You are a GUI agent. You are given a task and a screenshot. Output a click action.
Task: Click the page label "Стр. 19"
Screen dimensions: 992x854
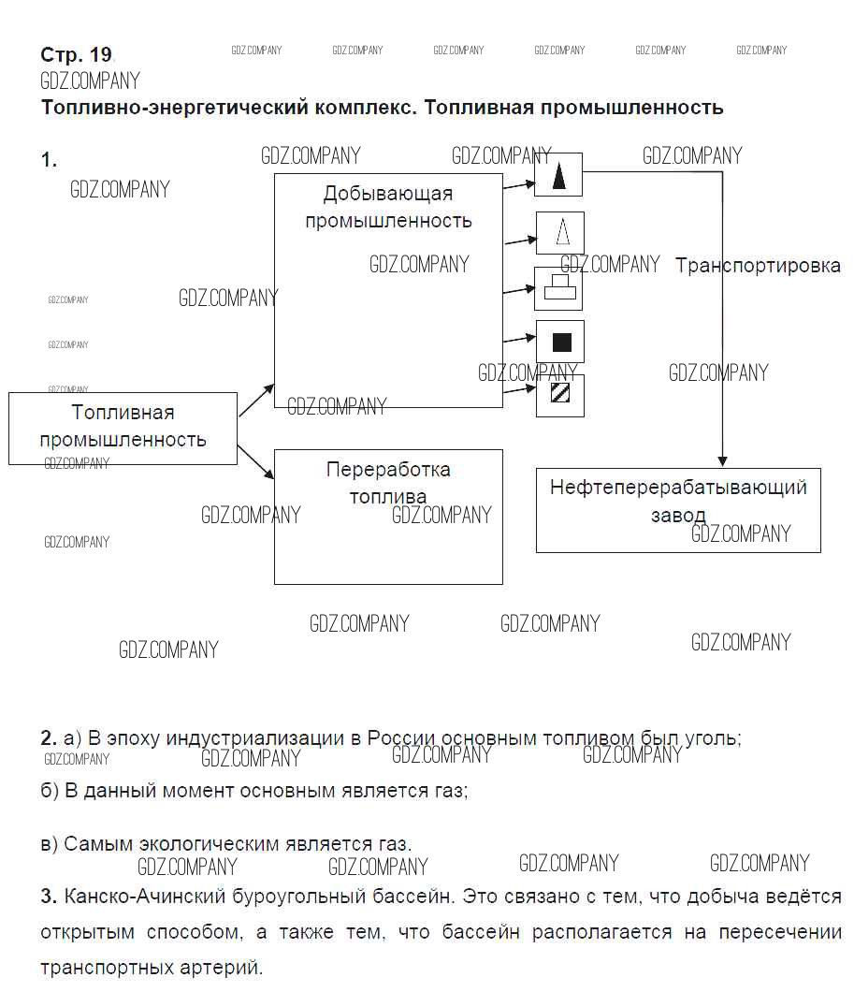(76, 54)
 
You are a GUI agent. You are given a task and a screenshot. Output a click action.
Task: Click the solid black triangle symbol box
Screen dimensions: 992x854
(558, 175)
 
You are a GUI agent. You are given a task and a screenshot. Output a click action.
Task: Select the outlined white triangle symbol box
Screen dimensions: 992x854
(559, 232)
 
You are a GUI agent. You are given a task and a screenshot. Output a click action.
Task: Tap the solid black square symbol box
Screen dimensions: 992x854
(560, 342)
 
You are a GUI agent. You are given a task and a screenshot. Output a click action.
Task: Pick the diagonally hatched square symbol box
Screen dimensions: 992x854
(560, 395)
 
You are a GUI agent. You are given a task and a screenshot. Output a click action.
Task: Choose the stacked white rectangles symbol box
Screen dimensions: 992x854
(559, 288)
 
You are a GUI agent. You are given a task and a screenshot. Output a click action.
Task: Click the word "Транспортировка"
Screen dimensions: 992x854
(758, 266)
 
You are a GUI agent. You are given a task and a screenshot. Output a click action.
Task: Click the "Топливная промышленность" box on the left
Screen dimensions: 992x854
(123, 428)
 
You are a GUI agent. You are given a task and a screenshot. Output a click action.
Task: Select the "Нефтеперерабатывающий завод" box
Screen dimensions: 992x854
(678, 510)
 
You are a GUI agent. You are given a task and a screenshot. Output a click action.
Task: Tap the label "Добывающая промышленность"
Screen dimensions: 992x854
(388, 208)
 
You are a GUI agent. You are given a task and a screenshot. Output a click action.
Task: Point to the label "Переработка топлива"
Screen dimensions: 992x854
(388, 483)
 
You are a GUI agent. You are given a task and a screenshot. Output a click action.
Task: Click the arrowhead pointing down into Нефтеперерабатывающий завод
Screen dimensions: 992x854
(722, 461)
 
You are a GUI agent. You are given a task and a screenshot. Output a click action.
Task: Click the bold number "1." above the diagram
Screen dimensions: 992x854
(49, 161)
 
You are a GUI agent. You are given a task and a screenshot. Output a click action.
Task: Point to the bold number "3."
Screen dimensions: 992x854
(50, 897)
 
